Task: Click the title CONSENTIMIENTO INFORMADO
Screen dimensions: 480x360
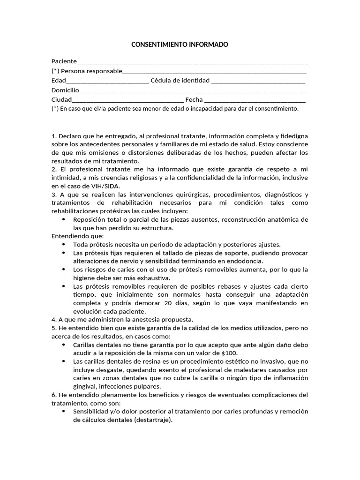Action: pyautogui.click(x=180, y=45)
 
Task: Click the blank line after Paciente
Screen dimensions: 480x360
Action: pyautogui.click(x=192, y=62)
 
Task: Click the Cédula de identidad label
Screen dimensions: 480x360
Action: pyautogui.click(x=180, y=80)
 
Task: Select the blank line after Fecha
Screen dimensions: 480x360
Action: pyautogui.click(x=255, y=100)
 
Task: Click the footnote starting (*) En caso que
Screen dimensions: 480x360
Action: pyautogui.click(x=174, y=108)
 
